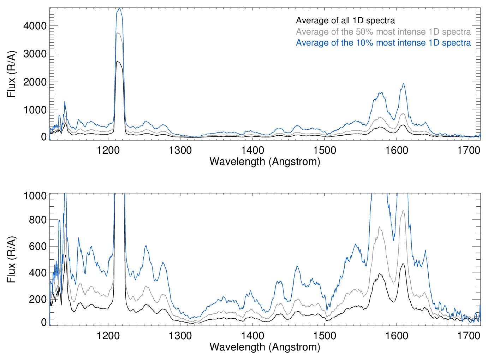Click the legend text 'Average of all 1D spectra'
[x=345, y=20]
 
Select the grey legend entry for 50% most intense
[x=383, y=32]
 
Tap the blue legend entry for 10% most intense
[x=383, y=43]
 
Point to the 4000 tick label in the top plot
[x=35, y=26]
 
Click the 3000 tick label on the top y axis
[x=35, y=54]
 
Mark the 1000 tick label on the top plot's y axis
[x=35, y=110]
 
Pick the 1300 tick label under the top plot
[x=180, y=150]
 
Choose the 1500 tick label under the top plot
[x=325, y=150]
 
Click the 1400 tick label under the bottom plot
[x=252, y=335]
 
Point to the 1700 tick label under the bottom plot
[x=469, y=335]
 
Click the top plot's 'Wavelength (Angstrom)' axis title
[x=265, y=161]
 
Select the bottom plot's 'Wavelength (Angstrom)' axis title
[x=265, y=347]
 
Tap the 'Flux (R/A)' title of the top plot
[x=11, y=74]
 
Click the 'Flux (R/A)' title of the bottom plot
[x=11, y=260]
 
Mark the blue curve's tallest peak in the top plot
[x=119, y=8]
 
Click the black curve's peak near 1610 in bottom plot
[x=403, y=264]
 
